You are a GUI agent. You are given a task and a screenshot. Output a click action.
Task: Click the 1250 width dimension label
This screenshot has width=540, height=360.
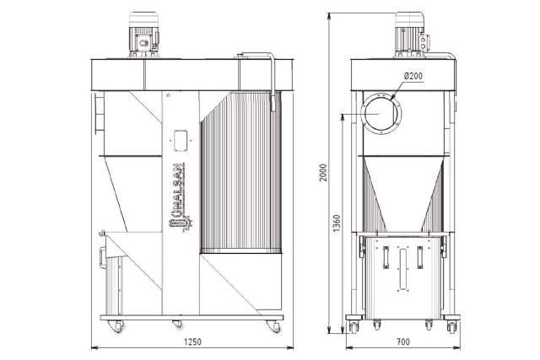pyautogui.click(x=192, y=341)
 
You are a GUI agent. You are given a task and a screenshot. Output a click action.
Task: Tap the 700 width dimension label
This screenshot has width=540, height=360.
pyautogui.click(x=403, y=341)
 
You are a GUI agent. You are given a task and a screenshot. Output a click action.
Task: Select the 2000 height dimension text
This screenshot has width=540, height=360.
pyautogui.click(x=323, y=173)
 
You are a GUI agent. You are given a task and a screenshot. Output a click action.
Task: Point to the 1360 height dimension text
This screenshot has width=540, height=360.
pyautogui.click(x=337, y=223)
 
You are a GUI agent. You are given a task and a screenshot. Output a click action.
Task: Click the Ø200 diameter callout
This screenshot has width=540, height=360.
pyautogui.click(x=413, y=76)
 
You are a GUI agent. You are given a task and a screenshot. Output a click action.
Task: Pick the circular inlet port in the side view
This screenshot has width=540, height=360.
pyautogui.click(x=381, y=114)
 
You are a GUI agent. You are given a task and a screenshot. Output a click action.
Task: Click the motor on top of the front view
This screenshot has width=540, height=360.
pyautogui.click(x=144, y=35)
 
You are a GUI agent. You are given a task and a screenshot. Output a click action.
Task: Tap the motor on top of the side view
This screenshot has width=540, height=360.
pyautogui.click(x=412, y=35)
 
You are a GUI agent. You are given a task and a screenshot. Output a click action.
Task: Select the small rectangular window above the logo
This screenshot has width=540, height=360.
pyautogui.click(x=181, y=141)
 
